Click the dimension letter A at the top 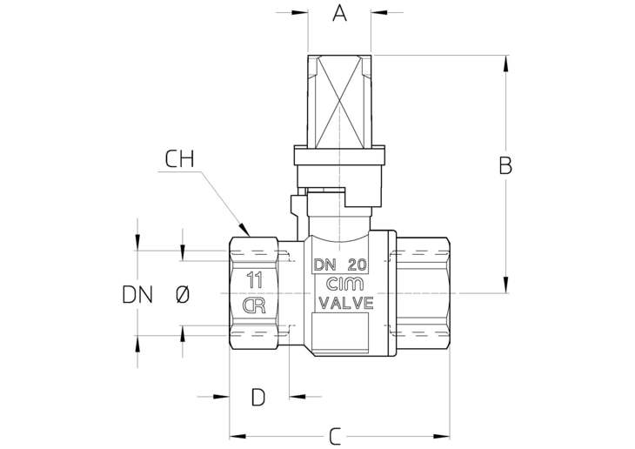(339, 12)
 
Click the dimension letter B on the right (505, 165)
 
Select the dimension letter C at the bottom (335, 437)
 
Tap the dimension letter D (258, 397)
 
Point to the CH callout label (180, 159)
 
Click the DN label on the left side (137, 295)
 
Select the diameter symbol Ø (183, 295)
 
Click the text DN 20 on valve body (340, 265)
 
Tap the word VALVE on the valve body (346, 303)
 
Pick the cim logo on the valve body (345, 284)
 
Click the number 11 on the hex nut (255, 280)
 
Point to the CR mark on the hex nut (254, 305)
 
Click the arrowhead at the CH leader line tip (245, 230)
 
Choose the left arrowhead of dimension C (237, 437)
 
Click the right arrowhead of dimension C (441, 437)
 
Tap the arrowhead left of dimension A (300, 12)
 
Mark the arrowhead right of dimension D (297, 396)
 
